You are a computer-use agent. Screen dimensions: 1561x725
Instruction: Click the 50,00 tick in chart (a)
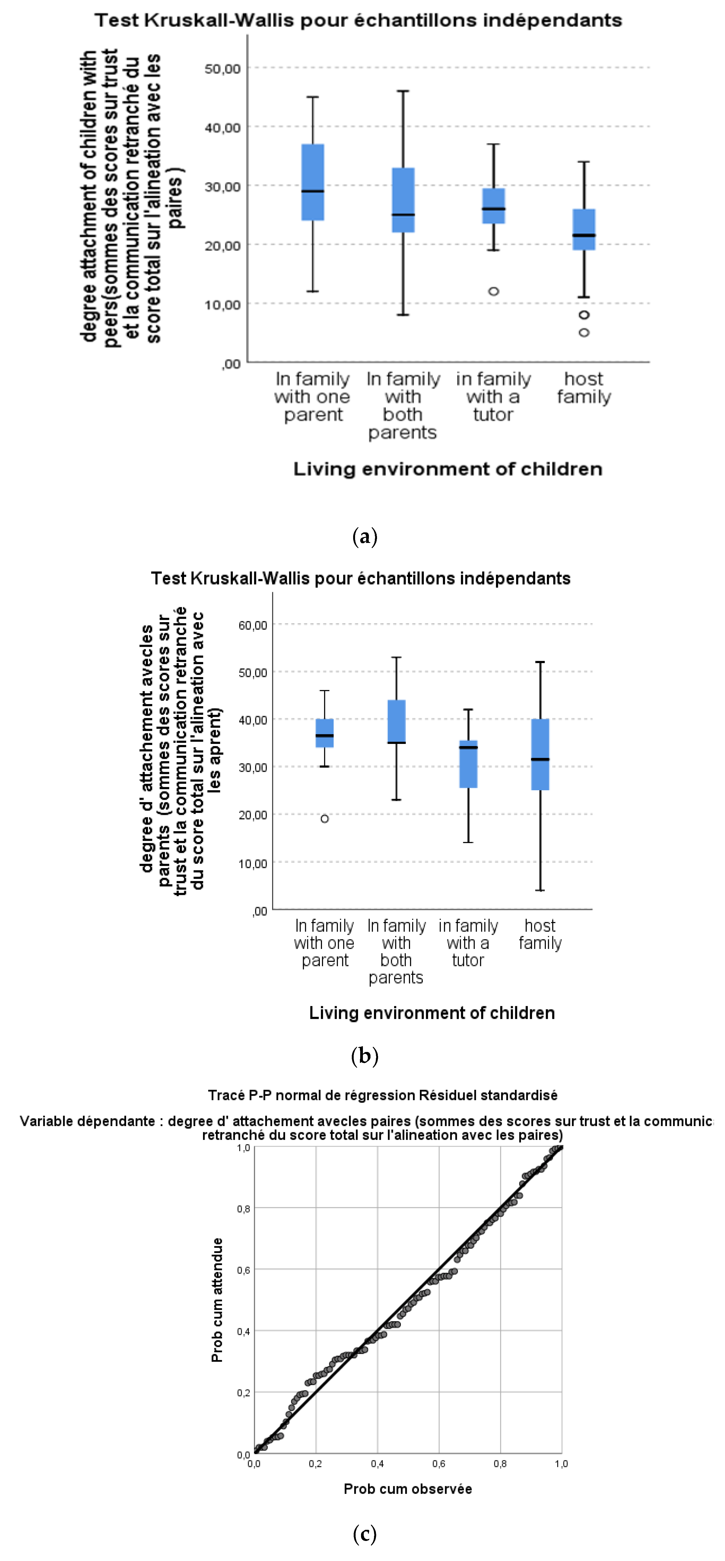[x=222, y=68]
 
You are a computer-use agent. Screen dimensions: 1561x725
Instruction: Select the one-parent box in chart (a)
[x=312, y=182]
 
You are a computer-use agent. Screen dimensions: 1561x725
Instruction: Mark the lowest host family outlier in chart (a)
[x=584, y=332]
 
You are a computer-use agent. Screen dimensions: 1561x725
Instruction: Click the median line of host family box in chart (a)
[x=584, y=235]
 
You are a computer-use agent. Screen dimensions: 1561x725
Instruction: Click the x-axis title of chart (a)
[x=447, y=469]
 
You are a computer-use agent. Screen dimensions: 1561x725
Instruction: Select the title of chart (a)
[x=358, y=20]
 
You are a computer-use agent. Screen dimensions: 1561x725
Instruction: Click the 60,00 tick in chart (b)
[x=253, y=625]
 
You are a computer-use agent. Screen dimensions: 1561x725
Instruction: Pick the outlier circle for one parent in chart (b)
[x=325, y=819]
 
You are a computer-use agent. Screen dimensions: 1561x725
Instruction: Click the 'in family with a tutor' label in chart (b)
[x=468, y=943]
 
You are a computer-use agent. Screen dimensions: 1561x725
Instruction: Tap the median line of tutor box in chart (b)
[x=468, y=747]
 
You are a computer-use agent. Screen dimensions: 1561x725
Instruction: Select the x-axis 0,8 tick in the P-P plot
[x=500, y=1463]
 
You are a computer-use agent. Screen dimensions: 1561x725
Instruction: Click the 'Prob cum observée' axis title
[x=408, y=1489]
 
